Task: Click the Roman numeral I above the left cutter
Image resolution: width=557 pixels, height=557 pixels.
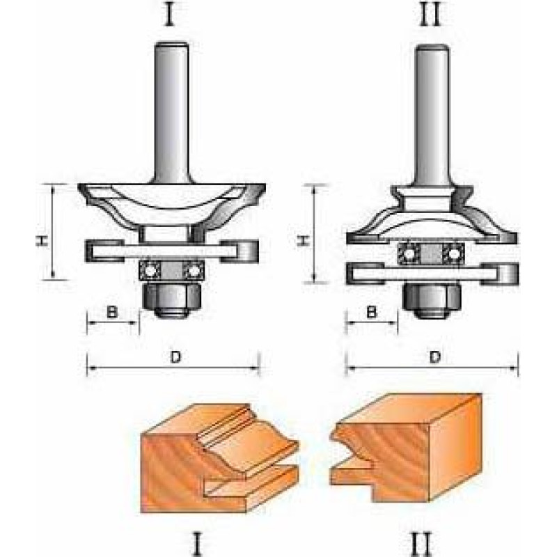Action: pyautogui.click(x=171, y=14)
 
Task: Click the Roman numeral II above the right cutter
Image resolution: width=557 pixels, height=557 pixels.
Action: pyautogui.click(x=430, y=14)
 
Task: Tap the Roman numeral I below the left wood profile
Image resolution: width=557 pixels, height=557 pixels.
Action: pyautogui.click(x=198, y=542)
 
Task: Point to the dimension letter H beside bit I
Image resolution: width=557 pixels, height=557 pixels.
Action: pyautogui.click(x=42, y=241)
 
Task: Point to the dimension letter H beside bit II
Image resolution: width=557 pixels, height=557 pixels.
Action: pyautogui.click(x=303, y=241)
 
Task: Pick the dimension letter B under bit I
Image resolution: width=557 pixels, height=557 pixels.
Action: pyautogui.click(x=112, y=312)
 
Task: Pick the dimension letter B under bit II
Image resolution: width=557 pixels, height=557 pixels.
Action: pyautogui.click(x=371, y=312)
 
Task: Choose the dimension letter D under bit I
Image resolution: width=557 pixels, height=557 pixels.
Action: pyautogui.click(x=175, y=357)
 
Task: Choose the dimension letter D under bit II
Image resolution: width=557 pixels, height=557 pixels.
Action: pyautogui.click(x=434, y=357)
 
